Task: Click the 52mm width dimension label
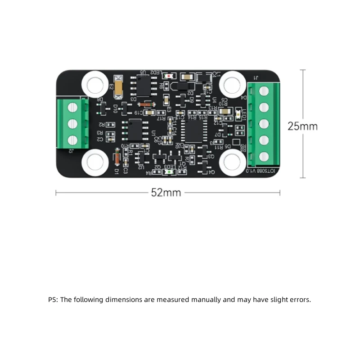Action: [166, 193]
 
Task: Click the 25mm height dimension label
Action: [302, 126]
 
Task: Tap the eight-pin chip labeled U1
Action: [135, 130]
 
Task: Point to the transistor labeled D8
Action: [102, 108]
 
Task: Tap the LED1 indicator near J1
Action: [238, 117]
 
